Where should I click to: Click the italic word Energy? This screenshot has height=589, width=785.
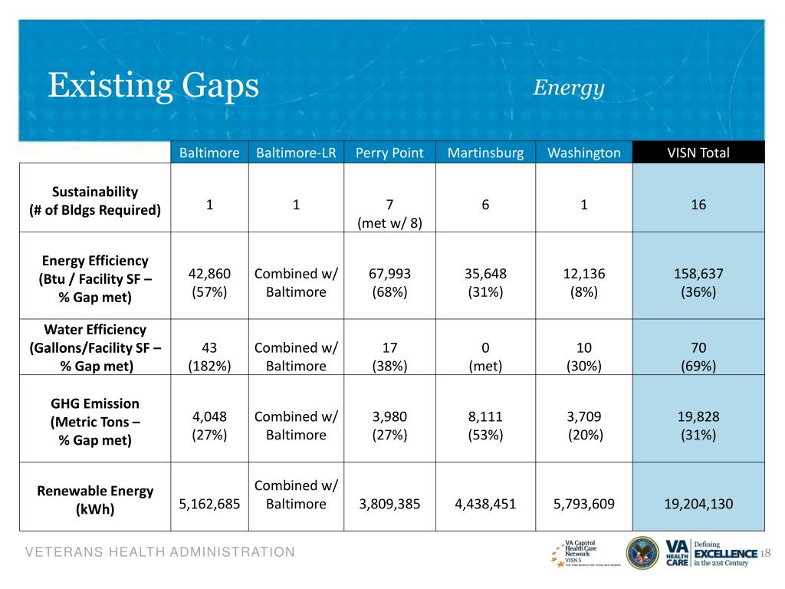[569, 87]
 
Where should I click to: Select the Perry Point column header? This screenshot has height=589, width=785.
[389, 153]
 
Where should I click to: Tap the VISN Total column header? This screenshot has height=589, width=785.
[698, 153]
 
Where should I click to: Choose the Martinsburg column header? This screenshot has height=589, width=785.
[485, 153]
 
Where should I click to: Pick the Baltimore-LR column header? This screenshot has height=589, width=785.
[296, 153]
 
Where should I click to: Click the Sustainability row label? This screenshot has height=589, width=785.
[95, 201]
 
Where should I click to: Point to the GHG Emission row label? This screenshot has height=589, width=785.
[95, 422]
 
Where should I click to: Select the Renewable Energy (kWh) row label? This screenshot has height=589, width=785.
[95, 499]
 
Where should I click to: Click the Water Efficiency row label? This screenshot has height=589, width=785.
[95, 347]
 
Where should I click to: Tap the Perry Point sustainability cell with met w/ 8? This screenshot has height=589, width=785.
[389, 214]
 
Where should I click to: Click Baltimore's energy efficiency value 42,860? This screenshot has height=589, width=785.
[209, 274]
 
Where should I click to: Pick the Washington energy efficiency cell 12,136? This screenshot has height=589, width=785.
[583, 274]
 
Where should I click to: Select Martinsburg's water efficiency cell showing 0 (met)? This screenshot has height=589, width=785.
[485, 357]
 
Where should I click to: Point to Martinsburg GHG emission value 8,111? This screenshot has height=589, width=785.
[485, 417]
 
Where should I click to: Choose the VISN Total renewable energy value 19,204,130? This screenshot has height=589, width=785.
[698, 504]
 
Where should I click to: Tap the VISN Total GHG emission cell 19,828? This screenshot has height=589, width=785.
[698, 417]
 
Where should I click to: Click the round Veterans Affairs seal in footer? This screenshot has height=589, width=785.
[642, 552]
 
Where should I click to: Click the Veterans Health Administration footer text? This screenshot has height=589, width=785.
[159, 552]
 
